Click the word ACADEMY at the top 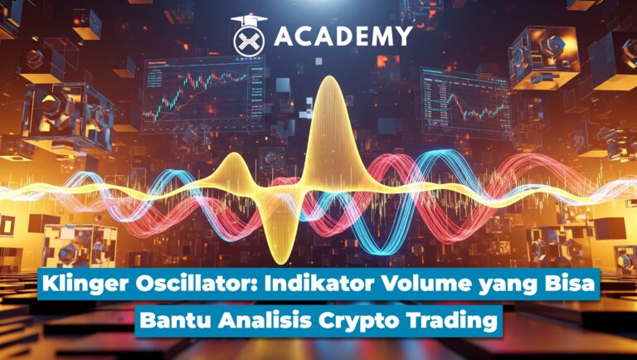[x=342, y=36]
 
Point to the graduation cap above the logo [x=246, y=19]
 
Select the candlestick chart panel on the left [x=197, y=96]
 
